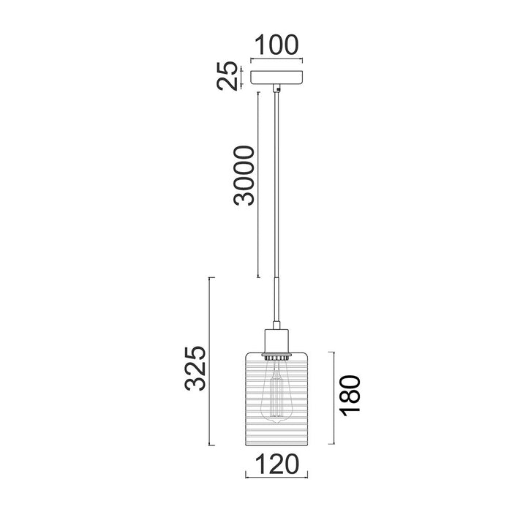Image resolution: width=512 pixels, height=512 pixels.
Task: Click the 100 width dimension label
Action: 276,45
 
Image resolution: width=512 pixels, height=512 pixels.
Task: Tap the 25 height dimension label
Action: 227,75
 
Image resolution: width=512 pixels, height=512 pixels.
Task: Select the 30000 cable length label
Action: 244,176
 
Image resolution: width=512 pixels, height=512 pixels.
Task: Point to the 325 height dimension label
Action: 195,368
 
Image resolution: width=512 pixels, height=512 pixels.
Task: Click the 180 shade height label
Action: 350,396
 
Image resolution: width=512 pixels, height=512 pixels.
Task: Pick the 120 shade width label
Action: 276,464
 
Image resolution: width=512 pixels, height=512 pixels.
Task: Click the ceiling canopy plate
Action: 276,77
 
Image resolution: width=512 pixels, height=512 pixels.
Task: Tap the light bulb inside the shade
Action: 276,392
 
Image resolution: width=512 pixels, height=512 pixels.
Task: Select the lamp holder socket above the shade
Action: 276,342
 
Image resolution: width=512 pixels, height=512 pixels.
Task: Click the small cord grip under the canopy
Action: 276,88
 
